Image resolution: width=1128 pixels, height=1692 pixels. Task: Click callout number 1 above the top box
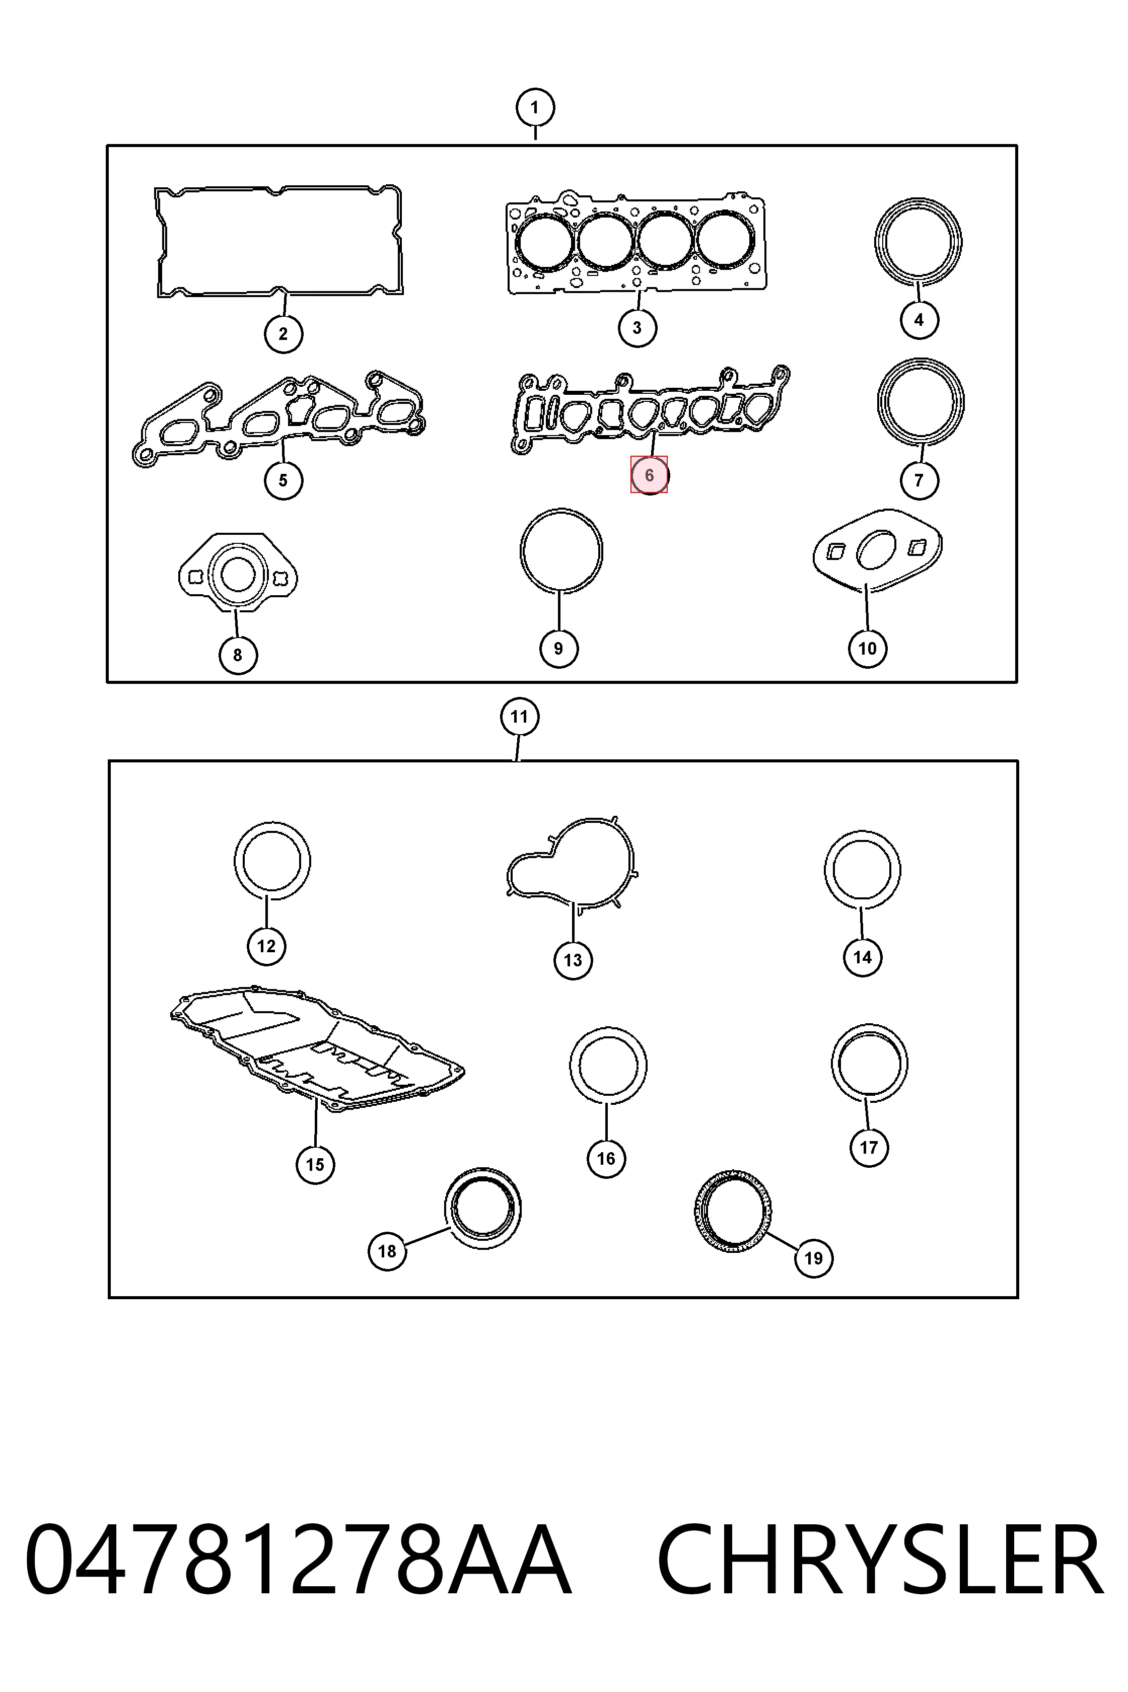534,108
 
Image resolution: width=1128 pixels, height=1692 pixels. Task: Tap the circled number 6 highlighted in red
649,475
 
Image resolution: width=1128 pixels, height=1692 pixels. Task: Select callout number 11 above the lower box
519,717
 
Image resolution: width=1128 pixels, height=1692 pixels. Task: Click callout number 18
387,1251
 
